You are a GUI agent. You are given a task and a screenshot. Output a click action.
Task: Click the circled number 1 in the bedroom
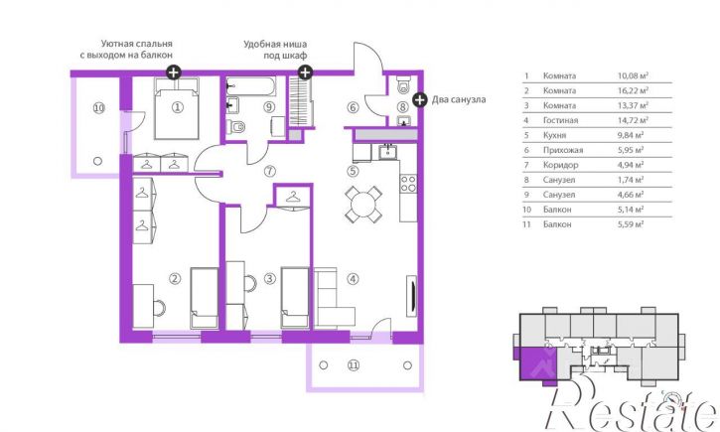(177, 107)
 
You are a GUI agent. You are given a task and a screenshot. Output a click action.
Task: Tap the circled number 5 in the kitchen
(353, 171)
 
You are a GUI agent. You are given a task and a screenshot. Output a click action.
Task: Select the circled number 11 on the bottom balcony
(353, 365)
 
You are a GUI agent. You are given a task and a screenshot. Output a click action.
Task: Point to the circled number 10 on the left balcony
(98, 108)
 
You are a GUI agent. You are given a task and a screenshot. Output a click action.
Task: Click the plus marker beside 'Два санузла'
(420, 99)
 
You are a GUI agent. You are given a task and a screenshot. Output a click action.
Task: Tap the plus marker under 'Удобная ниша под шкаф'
(305, 72)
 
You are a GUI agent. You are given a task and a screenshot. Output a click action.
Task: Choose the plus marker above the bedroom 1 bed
(173, 72)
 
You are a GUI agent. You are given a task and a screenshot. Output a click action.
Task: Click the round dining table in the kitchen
(363, 204)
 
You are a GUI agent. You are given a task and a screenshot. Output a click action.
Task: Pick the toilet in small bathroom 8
(403, 85)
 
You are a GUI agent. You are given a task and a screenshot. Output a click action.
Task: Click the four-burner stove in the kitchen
(408, 184)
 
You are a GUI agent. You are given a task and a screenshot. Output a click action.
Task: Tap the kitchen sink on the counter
(388, 151)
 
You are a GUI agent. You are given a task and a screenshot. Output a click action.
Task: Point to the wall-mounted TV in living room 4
(412, 296)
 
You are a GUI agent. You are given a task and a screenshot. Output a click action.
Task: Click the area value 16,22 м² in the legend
(633, 90)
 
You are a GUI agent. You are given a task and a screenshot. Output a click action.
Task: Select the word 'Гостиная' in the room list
(560, 120)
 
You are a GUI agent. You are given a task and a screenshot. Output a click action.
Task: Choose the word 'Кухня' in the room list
(554, 135)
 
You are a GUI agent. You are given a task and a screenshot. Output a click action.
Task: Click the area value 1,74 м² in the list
(630, 180)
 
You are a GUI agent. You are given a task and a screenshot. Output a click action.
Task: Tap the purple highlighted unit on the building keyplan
(537, 363)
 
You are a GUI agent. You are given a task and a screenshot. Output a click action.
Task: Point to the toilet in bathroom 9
(237, 126)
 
